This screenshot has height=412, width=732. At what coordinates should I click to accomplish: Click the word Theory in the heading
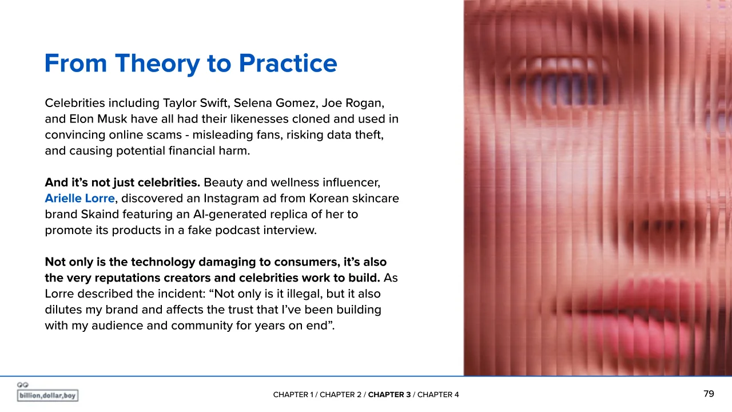point(157,64)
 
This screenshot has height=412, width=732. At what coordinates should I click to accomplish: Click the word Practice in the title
point(288,63)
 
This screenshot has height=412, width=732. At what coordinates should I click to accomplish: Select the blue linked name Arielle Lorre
point(79,198)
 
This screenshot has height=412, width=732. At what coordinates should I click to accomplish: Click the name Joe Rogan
point(352,104)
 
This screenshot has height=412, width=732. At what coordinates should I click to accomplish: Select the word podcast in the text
point(237,230)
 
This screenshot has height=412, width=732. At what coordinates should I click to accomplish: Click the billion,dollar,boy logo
point(47,393)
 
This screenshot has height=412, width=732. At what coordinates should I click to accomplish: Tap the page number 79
point(709,394)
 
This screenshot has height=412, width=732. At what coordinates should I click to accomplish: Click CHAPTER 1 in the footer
point(293,395)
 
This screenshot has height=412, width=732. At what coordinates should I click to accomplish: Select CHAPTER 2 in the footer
point(340,395)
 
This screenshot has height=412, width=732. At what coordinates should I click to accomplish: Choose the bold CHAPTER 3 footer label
point(389,395)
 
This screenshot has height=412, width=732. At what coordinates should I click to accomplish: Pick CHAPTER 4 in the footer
point(438,395)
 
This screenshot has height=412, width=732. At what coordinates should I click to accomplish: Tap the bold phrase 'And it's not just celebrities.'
point(122,183)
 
